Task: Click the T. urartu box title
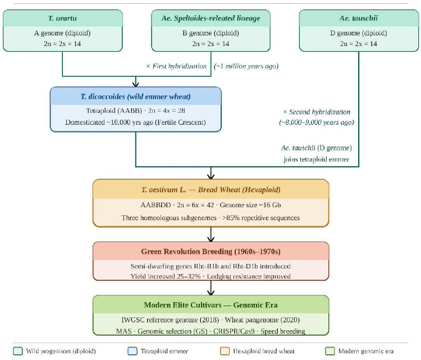(62, 19)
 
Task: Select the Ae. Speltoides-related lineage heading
(210, 19)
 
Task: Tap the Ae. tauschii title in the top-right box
(359, 19)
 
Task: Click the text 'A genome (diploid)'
(62, 33)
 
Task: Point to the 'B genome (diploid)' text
(210, 33)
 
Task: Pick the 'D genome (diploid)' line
(359, 33)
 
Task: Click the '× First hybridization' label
(176, 66)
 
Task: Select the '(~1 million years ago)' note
(246, 66)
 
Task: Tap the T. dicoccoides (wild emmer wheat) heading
(136, 97)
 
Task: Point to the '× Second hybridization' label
(317, 112)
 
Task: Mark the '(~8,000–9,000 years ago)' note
(317, 122)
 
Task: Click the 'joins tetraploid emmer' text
(316, 160)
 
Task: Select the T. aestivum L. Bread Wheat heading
(210, 190)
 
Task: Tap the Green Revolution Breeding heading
(210, 252)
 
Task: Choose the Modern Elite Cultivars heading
(210, 305)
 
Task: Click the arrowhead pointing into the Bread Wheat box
(210, 176)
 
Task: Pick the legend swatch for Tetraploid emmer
(132, 351)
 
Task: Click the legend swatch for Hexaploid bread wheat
(225, 351)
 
